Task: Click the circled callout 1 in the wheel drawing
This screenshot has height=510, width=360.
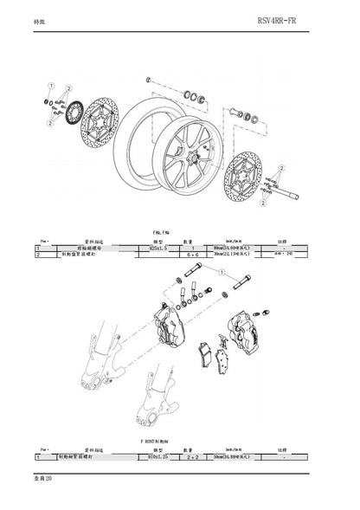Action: pyautogui.click(x=52, y=87)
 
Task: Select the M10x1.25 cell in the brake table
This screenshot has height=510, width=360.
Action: pyautogui.click(x=156, y=455)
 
